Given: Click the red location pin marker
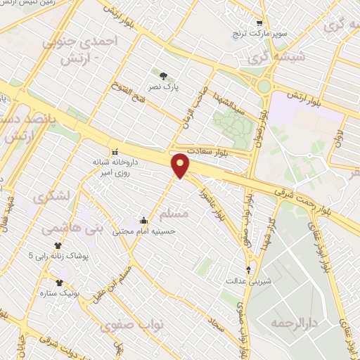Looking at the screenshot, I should coord(181,165).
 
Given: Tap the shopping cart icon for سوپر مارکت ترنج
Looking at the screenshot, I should coord(259,23).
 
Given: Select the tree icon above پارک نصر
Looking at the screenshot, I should coord(164,76).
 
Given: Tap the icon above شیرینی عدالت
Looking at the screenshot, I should coord(247,269).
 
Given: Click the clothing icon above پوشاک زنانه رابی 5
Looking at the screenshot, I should coord(57,245).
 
